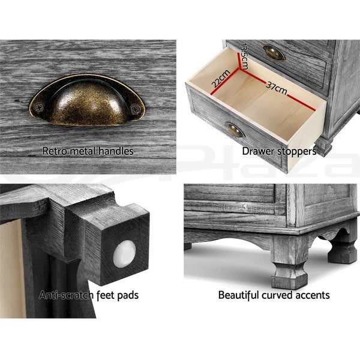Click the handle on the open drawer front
click(235, 130)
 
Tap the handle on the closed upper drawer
click(274, 53)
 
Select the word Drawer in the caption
click(257, 151)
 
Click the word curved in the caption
click(280, 295)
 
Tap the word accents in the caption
click(313, 295)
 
